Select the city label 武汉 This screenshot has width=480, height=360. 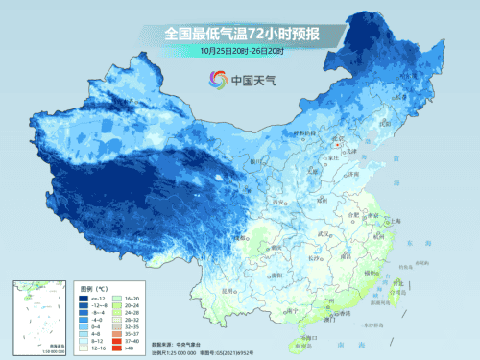click(x=336, y=234)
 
